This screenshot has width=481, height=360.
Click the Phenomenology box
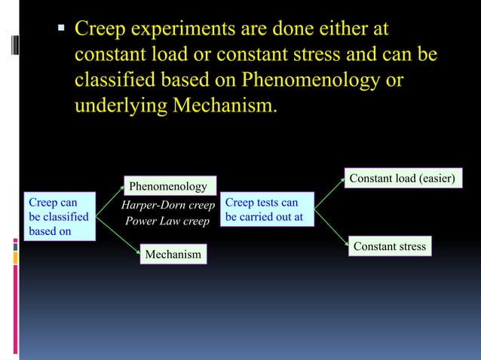pyautogui.click(x=168, y=186)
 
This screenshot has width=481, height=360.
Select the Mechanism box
pyautogui.click(x=173, y=255)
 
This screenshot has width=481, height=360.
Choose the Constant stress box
pyautogui.click(x=389, y=246)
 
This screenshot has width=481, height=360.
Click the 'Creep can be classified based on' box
pyautogui.click(x=60, y=217)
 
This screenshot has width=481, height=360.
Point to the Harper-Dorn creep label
pyautogui.click(x=169, y=204)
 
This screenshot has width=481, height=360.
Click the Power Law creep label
pyautogui.click(x=167, y=221)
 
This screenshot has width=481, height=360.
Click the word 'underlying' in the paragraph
pyautogui.click(x=121, y=105)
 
